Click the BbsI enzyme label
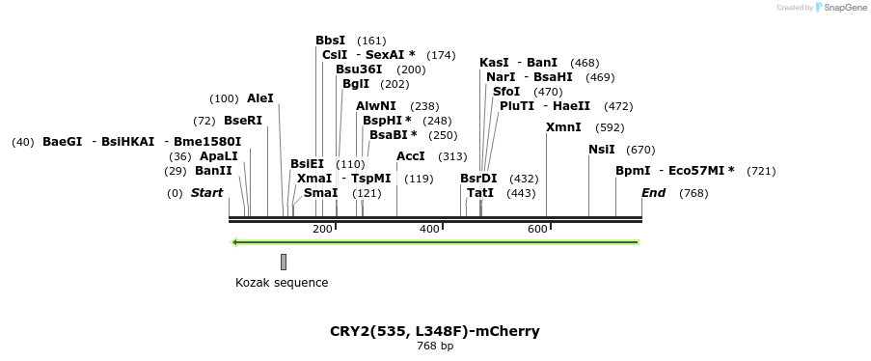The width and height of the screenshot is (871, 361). point(330,41)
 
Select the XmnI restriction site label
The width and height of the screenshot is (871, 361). point(563,127)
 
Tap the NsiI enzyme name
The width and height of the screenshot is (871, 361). point(601,150)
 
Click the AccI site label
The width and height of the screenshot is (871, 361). point(411,156)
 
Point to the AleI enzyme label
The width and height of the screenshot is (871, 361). point(260,98)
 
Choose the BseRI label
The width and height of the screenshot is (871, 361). point(243,121)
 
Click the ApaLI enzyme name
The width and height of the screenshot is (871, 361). point(218,156)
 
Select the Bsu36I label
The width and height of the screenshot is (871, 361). point(359,69)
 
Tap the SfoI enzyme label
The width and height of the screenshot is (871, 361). point(506,92)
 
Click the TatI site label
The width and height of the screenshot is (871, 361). point(480,193)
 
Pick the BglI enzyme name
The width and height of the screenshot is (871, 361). point(356,84)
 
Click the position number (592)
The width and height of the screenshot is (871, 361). point(610,127)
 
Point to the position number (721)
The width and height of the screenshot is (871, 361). point(761,171)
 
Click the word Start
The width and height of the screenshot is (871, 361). point(206,193)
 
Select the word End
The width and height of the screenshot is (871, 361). point(653,193)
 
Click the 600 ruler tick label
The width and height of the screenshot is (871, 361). point(537,229)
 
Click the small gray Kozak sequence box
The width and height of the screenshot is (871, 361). point(284,262)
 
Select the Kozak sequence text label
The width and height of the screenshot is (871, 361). point(282,283)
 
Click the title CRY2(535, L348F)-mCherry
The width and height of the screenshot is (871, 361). point(435,331)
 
